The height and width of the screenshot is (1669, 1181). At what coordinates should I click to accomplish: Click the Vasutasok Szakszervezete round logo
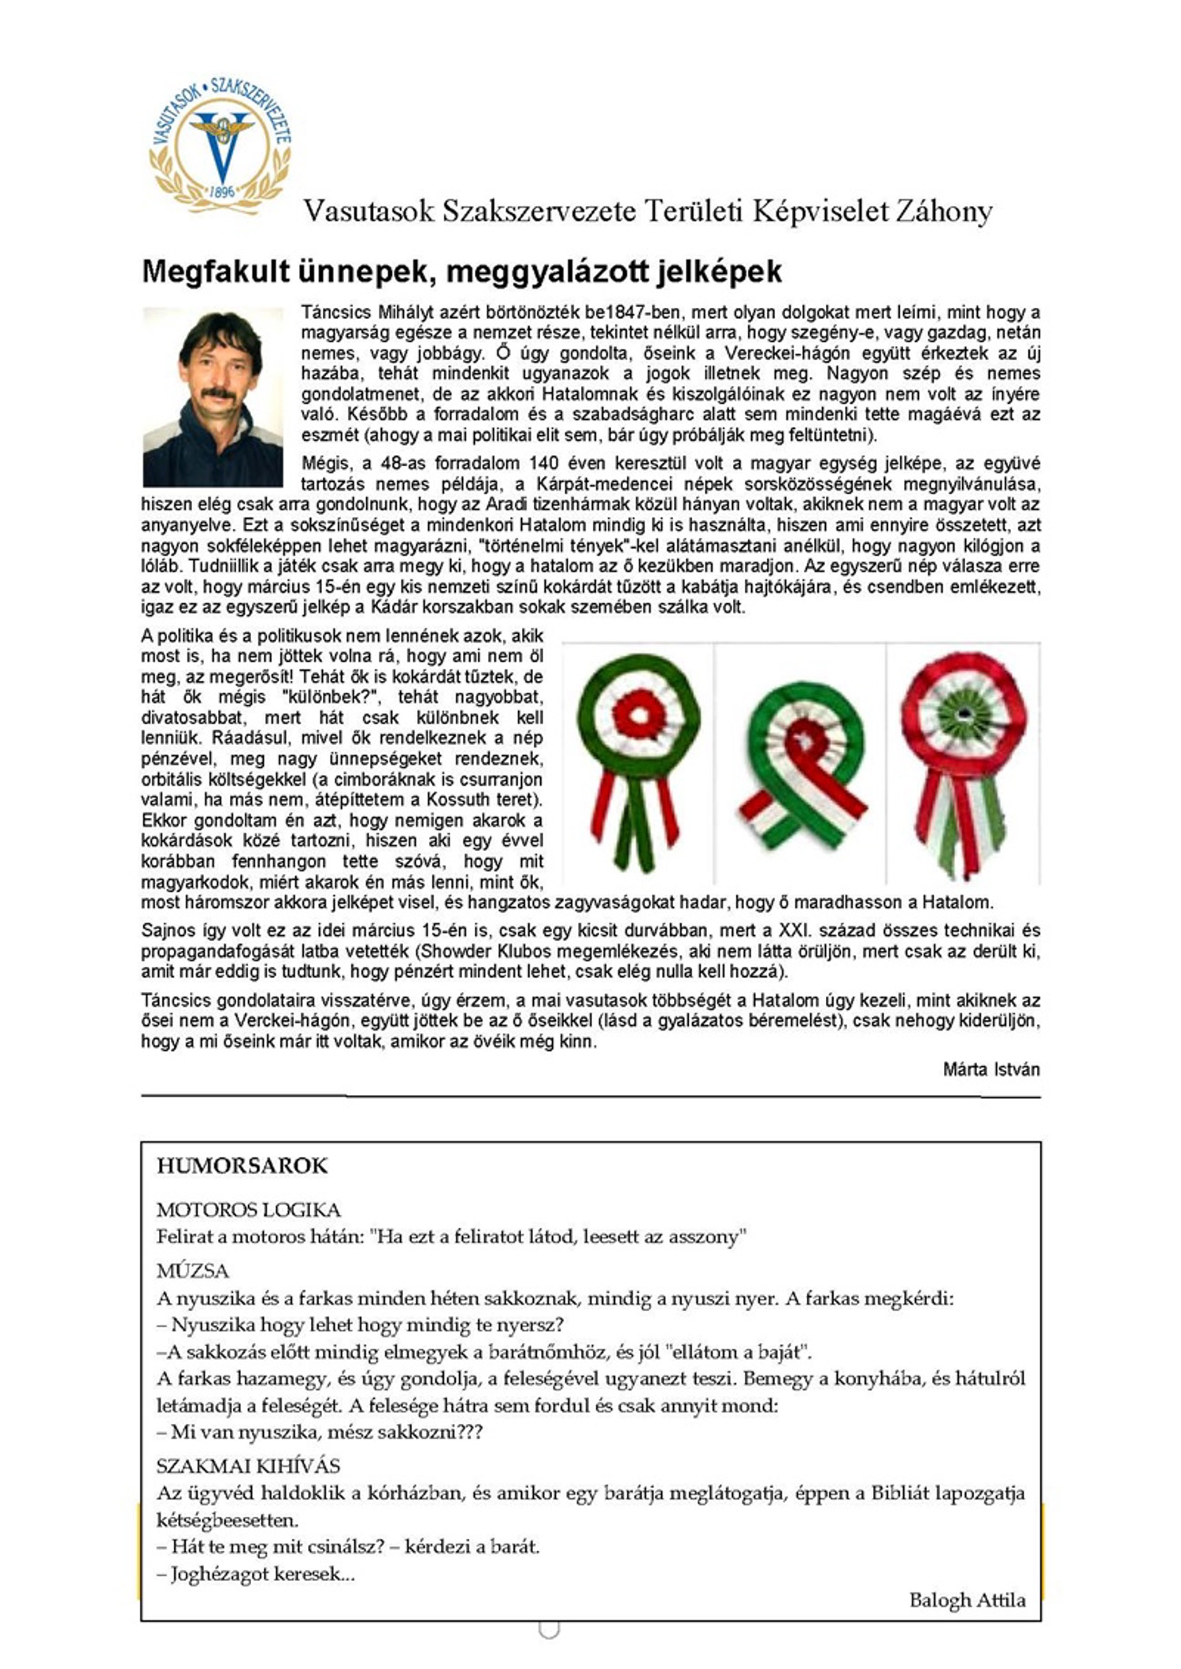tap(220, 146)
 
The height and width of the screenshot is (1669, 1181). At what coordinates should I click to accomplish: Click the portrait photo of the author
tap(213, 396)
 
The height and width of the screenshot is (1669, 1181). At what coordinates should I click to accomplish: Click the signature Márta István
tap(990, 1069)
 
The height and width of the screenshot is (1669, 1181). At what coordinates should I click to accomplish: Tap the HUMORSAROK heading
tap(242, 1166)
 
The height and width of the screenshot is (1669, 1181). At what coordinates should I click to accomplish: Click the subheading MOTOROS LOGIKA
tap(248, 1210)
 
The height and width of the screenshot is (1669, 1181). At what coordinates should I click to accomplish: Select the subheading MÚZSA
tap(192, 1271)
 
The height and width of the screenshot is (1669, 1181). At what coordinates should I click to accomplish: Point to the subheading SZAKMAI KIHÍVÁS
tap(248, 1466)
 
